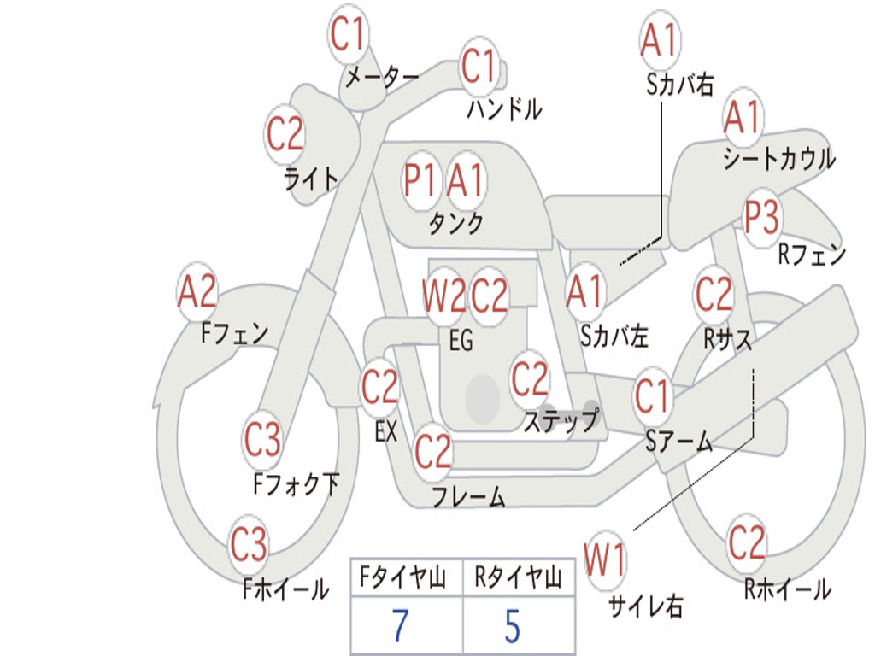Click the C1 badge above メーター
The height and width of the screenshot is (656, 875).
point(347,34)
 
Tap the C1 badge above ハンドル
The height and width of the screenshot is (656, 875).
point(479,67)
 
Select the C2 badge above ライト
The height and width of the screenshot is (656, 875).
point(285,134)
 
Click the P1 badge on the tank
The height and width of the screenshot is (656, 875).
point(420,180)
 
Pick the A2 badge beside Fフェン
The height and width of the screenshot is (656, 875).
point(197,291)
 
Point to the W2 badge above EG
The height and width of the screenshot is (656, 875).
point(443,295)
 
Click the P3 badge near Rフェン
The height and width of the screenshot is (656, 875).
point(761,218)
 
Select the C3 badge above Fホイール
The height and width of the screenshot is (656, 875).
point(249,545)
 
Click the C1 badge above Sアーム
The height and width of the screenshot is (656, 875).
point(652,396)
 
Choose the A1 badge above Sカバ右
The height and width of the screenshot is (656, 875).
point(661,41)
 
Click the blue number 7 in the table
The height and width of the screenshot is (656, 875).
point(400,626)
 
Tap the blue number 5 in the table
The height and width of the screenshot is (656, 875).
point(513,626)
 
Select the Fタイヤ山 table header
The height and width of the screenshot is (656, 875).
point(403,577)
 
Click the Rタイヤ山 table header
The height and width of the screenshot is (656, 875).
point(518,577)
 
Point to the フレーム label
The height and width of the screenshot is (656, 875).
point(469,496)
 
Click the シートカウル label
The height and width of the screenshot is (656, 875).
point(779,158)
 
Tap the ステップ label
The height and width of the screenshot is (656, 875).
point(561,420)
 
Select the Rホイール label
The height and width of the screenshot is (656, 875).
point(788,589)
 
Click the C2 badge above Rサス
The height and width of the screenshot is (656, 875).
point(714,295)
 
